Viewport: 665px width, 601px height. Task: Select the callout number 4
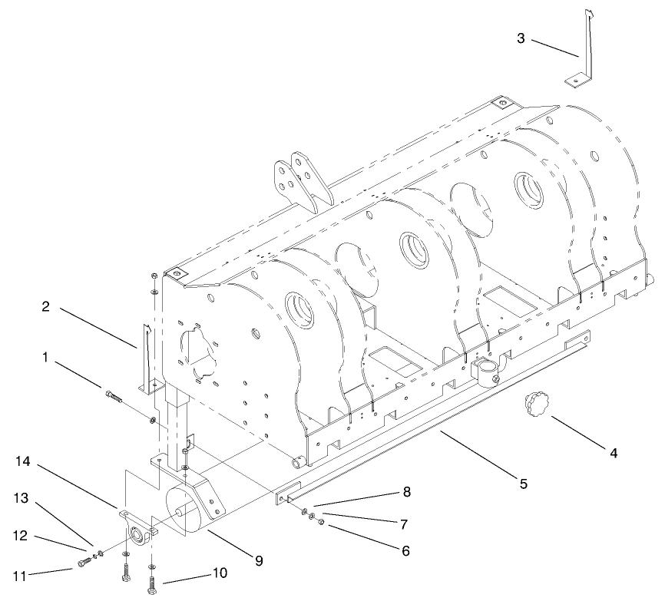(x=613, y=453)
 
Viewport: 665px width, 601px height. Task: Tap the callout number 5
(x=523, y=484)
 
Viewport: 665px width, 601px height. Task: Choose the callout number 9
(x=259, y=561)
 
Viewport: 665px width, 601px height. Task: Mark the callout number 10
(x=220, y=573)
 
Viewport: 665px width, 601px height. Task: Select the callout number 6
(x=405, y=550)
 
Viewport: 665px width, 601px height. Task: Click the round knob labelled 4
(x=536, y=404)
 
